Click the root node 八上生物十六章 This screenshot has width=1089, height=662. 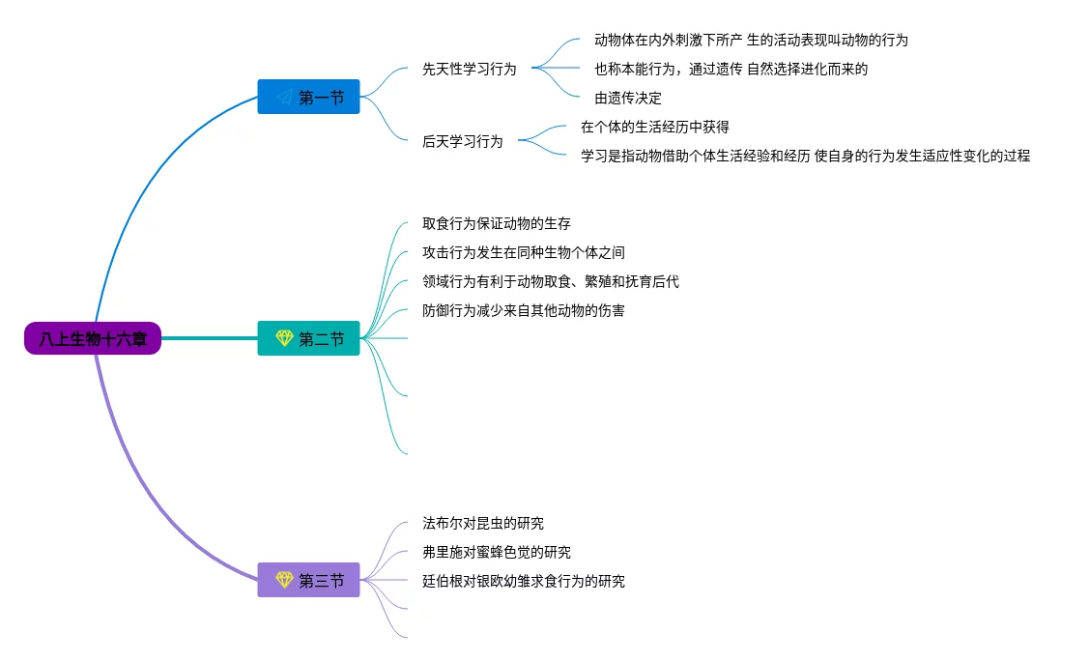pos(93,338)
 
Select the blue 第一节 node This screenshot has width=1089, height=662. pos(308,97)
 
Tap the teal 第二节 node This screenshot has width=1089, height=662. pos(308,338)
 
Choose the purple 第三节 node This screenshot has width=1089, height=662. pos(308,580)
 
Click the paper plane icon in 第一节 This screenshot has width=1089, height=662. pos(284,97)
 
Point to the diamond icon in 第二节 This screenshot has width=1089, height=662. pos(284,338)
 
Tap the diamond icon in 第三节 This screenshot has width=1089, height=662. pos(284,580)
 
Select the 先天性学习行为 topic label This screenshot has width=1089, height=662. pos(470,70)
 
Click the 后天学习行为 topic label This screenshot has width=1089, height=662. pos(463,141)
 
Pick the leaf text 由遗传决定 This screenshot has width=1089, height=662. pos(628,99)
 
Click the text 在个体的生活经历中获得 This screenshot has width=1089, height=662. pos(655,127)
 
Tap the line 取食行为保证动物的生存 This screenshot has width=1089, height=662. pos(497,224)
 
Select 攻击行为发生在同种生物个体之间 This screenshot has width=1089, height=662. pos(524,253)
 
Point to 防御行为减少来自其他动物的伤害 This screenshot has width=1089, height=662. pos(524,311)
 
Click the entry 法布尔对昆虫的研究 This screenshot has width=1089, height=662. pos(483,524)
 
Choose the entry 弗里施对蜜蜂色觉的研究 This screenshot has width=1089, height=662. pos(497,553)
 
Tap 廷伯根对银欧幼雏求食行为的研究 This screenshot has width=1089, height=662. pos(524,582)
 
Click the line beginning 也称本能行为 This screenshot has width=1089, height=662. pos(731,70)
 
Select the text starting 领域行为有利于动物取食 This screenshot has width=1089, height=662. pos(551,282)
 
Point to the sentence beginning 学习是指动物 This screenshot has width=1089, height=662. pos(805,156)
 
